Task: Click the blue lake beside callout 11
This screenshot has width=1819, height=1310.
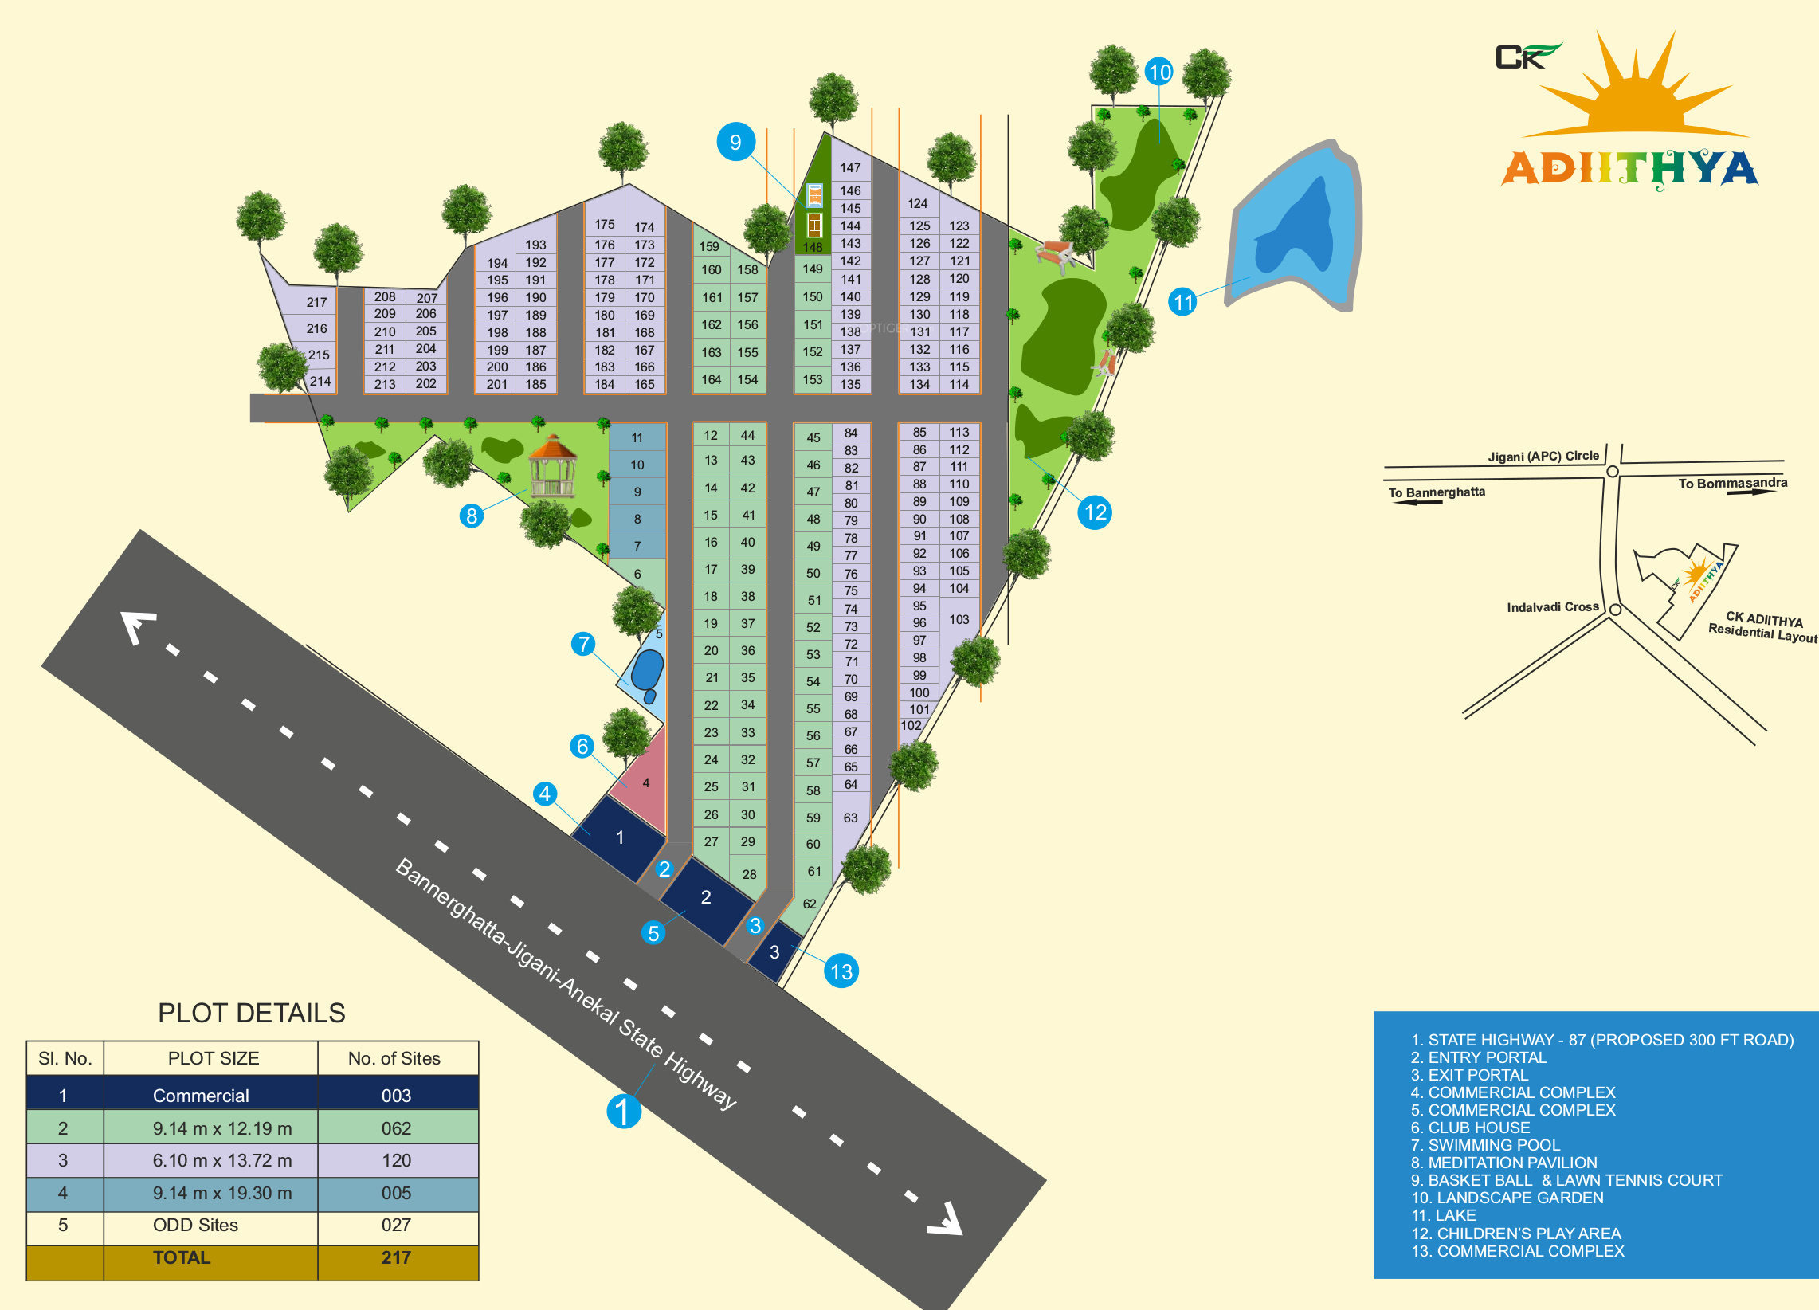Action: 1293,229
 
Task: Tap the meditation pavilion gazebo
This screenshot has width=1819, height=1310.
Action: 553,467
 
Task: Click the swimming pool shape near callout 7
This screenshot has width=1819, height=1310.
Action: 646,673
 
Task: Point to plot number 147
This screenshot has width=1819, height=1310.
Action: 850,167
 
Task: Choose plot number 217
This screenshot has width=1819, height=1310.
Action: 317,303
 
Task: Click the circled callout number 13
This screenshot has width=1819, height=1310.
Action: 841,971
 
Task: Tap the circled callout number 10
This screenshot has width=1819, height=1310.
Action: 1160,73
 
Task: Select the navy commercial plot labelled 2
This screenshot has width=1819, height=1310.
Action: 705,899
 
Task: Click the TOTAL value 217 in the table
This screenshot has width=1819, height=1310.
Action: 396,1257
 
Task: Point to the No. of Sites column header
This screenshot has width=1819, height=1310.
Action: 394,1058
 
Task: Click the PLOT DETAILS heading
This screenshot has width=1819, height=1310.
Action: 252,1014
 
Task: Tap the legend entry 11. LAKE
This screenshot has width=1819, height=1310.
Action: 1444,1215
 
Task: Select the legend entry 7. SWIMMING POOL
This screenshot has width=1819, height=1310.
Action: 1485,1145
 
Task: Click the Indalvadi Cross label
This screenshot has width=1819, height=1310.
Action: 1553,607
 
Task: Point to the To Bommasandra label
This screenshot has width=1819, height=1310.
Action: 1732,483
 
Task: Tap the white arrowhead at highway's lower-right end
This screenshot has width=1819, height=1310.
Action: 946,1219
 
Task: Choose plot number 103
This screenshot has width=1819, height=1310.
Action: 959,619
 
